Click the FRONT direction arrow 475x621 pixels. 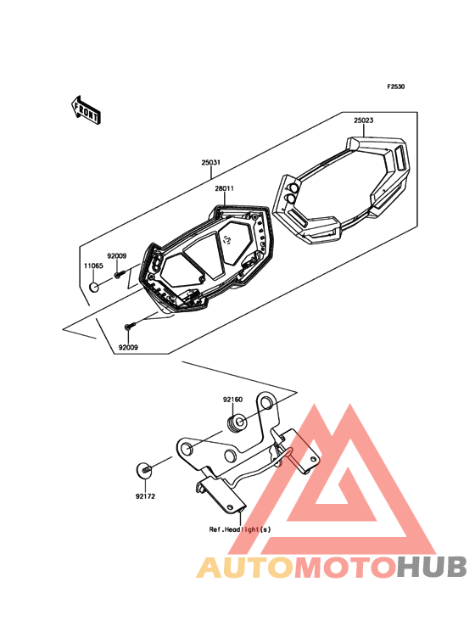[86, 109]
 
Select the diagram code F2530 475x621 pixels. [396, 87]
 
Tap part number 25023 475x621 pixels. [363, 120]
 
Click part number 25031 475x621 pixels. [211, 162]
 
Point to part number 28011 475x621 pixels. [224, 188]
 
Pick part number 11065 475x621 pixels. [93, 266]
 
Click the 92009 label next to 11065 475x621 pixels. [117, 256]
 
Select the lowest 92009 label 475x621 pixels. [128, 347]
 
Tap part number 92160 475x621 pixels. [232, 400]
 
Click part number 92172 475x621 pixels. [145, 496]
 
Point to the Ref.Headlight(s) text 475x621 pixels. [240, 529]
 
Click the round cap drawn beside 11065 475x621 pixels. [93, 287]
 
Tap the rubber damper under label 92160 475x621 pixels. [238, 423]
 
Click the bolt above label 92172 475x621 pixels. [144, 470]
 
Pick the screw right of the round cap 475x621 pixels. [120, 273]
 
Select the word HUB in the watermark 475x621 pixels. [432, 567]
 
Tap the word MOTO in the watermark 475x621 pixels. [345, 567]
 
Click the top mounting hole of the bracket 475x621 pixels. [266, 401]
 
